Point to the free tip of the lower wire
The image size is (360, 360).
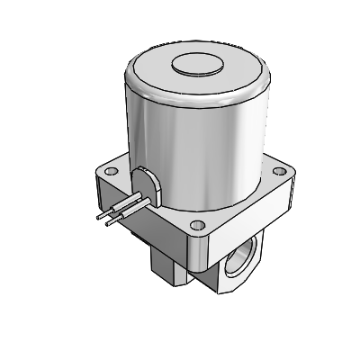pyautogui.click(x=107, y=225)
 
